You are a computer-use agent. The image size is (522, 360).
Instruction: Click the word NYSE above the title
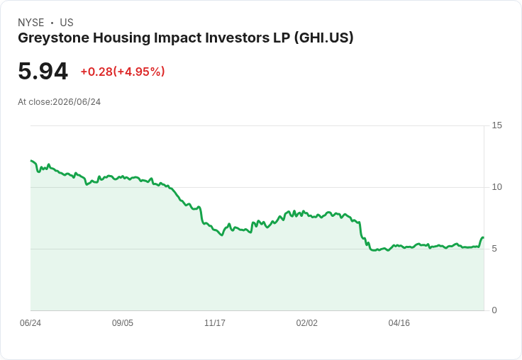(31, 23)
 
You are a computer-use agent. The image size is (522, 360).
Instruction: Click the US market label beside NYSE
(67, 23)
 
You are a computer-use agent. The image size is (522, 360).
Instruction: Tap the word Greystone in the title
(54, 38)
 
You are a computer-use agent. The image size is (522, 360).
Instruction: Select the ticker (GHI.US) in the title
(323, 38)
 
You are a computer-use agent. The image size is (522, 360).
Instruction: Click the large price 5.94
(43, 71)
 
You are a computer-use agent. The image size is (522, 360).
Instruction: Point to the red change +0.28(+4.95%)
(123, 72)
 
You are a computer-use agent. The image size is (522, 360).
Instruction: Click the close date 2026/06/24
(77, 102)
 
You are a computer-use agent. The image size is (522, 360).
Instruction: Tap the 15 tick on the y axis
(496, 125)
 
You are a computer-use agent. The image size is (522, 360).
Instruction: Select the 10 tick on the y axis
(496, 187)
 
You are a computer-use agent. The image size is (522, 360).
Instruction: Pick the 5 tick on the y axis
(494, 249)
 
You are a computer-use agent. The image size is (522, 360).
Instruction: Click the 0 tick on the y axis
(494, 310)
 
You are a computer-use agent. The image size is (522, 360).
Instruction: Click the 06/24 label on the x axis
(30, 323)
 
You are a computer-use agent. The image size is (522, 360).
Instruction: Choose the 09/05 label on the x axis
(123, 323)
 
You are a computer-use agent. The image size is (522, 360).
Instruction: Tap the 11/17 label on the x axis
(215, 323)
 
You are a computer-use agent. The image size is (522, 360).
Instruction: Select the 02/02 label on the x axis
(307, 323)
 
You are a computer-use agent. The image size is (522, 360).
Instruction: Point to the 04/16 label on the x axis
(399, 323)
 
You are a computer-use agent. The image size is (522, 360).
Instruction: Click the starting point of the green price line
(31, 161)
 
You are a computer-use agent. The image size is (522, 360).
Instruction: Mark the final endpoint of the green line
(483, 237)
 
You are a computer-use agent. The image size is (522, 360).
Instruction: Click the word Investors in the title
(237, 38)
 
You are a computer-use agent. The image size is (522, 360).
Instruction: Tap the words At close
(34, 102)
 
